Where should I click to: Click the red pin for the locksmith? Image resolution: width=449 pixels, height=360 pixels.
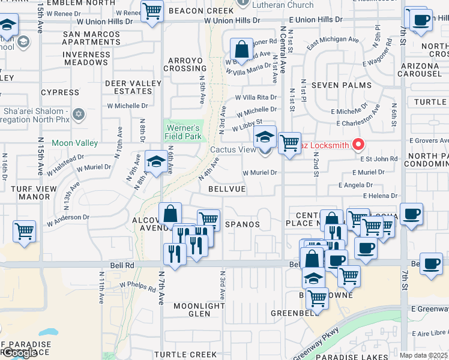pyautogui.click(x=358, y=145)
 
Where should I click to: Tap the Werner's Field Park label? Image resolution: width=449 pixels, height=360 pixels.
pyautogui.click(x=183, y=132)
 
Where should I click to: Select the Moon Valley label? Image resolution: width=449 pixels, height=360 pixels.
pyautogui.click(x=74, y=143)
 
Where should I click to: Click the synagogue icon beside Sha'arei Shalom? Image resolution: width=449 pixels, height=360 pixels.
pyautogui.click(x=78, y=114)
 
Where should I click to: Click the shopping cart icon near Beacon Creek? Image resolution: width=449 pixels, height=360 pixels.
pyautogui.click(x=152, y=11)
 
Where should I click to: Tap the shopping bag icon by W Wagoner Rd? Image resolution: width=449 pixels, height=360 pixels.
pyautogui.click(x=241, y=50)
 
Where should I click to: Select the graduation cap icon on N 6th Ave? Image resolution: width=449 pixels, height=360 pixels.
pyautogui.click(x=155, y=162)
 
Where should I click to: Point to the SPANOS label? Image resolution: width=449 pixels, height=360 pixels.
pyautogui.click(x=242, y=224)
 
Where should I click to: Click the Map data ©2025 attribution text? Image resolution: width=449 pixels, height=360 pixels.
pyautogui.click(x=423, y=355)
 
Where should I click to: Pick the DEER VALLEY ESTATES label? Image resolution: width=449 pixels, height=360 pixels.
pyautogui.click(x=133, y=87)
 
